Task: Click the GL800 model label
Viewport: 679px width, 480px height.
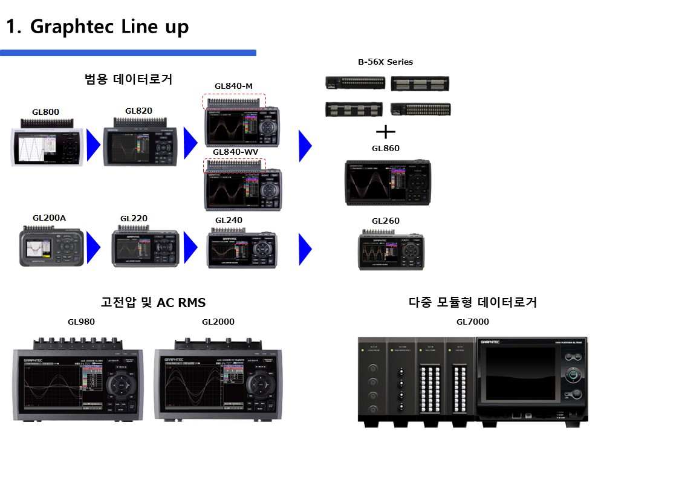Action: point(45,112)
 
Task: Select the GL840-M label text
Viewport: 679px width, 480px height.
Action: point(233,86)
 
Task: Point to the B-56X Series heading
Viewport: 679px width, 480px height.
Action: point(385,62)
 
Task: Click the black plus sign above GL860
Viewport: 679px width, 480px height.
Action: point(385,132)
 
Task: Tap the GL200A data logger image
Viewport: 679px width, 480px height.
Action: point(51,246)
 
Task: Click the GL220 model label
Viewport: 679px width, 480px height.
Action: point(134,218)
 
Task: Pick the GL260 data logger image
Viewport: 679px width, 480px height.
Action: point(392,249)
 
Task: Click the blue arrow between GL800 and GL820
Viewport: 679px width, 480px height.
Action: point(93,145)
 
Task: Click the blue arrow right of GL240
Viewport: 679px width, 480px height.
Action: point(305,249)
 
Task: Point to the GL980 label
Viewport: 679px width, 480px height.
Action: point(81,322)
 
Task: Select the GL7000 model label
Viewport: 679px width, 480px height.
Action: point(472,322)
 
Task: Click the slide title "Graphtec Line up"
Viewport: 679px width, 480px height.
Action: point(97,27)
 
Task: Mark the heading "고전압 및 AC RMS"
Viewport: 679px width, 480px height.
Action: point(153,302)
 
